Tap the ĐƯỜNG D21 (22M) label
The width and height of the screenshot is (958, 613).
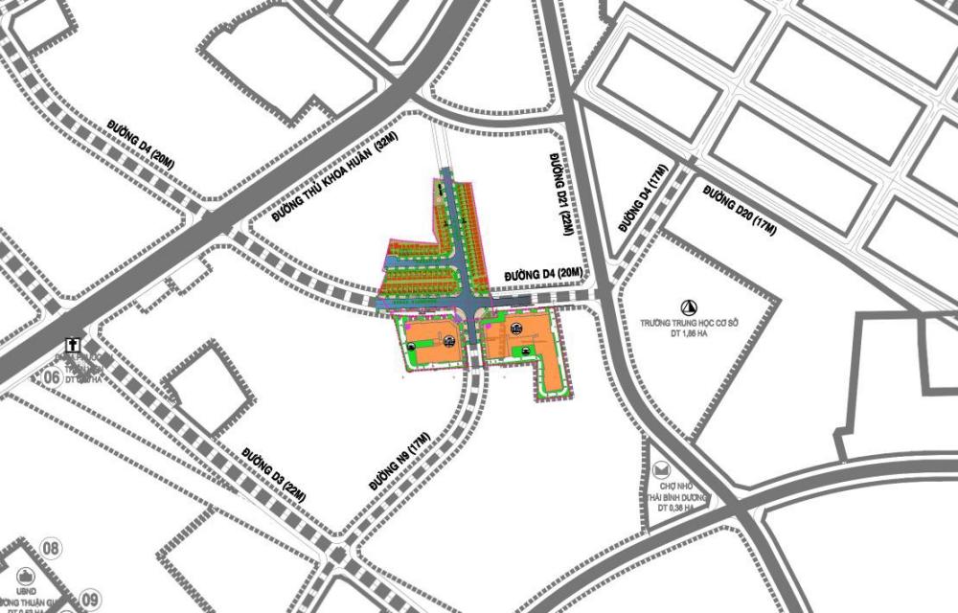tap(563, 193)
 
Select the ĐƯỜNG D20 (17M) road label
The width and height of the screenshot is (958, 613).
tap(739, 210)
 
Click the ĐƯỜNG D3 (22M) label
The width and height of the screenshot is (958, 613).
tap(273, 474)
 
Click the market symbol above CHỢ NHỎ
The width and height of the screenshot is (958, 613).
tap(662, 470)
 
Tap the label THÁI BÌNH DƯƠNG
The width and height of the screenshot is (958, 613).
tap(675, 498)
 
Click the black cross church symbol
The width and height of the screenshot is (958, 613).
tap(71, 344)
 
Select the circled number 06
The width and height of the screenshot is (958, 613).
tap(52, 377)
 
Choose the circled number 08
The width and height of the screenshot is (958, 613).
tap(52, 549)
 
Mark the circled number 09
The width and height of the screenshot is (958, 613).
tap(91, 598)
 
